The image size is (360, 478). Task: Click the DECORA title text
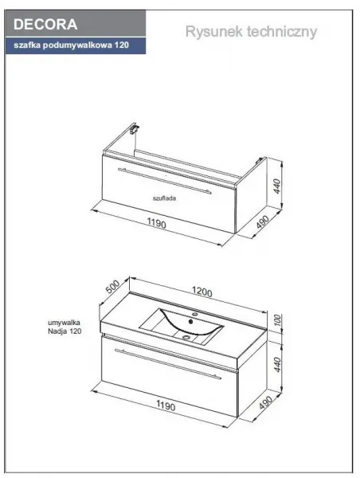tap(45, 25)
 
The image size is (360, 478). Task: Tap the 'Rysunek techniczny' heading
tap(251, 32)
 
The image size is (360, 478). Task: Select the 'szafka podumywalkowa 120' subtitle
tap(72, 45)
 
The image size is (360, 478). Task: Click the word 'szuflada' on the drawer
tap(164, 198)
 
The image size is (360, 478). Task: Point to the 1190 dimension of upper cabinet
tap(157, 223)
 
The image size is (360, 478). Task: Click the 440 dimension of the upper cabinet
tap(277, 186)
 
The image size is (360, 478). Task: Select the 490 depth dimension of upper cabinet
tap(263, 222)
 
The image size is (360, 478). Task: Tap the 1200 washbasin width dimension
tap(202, 292)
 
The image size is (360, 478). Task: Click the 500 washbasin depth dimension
tap(112, 287)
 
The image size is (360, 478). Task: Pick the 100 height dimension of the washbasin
tap(278, 320)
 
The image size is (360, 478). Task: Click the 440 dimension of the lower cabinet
tap(277, 365)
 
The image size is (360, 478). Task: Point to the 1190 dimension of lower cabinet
tap(166, 406)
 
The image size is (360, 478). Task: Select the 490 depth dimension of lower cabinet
tap(265, 402)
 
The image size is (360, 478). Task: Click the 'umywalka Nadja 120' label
tap(65, 327)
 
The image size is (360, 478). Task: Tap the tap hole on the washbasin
tap(194, 314)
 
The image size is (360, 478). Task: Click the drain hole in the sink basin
tap(186, 337)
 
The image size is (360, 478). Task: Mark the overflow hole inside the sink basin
tap(191, 321)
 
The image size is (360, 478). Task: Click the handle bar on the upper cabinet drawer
tap(165, 181)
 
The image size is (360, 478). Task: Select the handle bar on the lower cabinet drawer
tap(168, 364)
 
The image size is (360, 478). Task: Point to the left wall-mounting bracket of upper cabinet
tap(134, 128)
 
